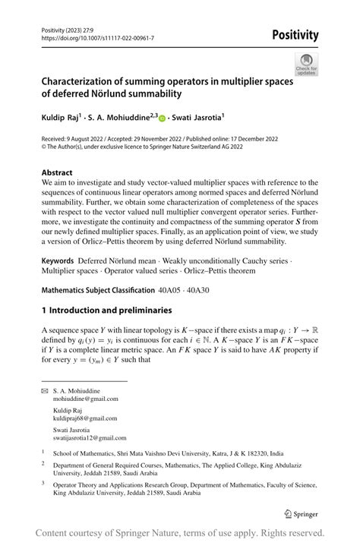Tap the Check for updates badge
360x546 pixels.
pos(307,64)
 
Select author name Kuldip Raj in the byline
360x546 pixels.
pos(65,118)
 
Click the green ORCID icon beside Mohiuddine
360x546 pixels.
pos(162,118)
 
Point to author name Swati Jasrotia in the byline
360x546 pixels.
pos(197,118)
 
